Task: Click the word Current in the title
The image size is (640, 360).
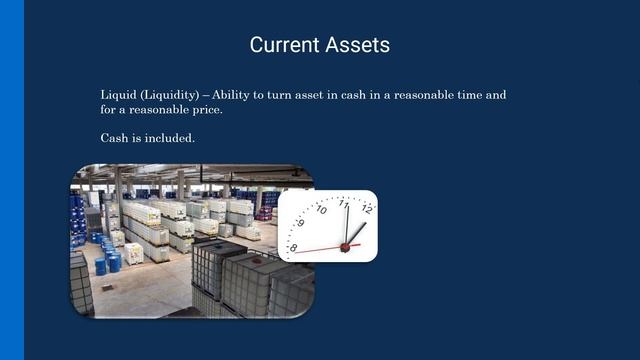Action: tap(283, 45)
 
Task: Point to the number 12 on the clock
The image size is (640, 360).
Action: tap(367, 209)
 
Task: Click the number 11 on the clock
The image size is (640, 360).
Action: tap(344, 203)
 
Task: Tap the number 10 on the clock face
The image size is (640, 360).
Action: tap(320, 210)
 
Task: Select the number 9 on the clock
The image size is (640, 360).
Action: tap(300, 224)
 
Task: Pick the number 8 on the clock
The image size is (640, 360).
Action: tap(292, 247)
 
